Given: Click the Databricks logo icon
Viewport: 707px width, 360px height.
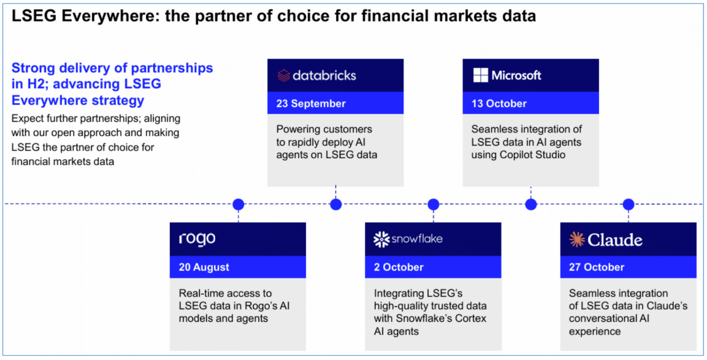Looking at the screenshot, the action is pyautogui.click(x=284, y=75).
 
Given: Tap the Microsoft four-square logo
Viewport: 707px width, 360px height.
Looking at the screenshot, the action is pyautogui.click(x=481, y=75).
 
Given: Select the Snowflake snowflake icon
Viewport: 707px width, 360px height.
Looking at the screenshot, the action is pyautogui.click(x=381, y=240).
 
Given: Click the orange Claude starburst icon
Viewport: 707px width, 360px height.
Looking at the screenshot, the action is pyautogui.click(x=576, y=240).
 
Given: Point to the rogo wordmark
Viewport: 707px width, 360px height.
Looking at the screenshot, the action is pyautogui.click(x=197, y=239).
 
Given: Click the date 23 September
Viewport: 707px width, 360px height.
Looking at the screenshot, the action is pyautogui.click(x=311, y=103).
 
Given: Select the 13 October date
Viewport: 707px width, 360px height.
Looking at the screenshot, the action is pyautogui.click(x=499, y=103).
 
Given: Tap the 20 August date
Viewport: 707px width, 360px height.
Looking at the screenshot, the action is pyautogui.click(x=204, y=267).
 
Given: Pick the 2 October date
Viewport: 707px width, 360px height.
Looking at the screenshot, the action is pyautogui.click(x=399, y=267).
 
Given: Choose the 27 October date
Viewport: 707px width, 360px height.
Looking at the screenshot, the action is pyautogui.click(x=597, y=267).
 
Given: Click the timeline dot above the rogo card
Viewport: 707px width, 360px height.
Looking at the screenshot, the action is pyautogui.click(x=238, y=204).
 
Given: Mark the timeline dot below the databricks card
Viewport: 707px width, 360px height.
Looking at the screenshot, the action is pyautogui.click(x=336, y=204).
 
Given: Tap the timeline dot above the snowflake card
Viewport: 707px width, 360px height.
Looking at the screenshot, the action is pyautogui.click(x=434, y=204).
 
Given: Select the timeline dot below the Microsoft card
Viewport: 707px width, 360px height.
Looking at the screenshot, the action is pyautogui.click(x=530, y=204).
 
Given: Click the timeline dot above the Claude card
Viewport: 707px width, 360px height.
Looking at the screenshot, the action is pyautogui.click(x=628, y=204).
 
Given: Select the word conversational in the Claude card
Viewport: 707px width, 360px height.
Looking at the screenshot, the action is pyautogui.click(x=596, y=318).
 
